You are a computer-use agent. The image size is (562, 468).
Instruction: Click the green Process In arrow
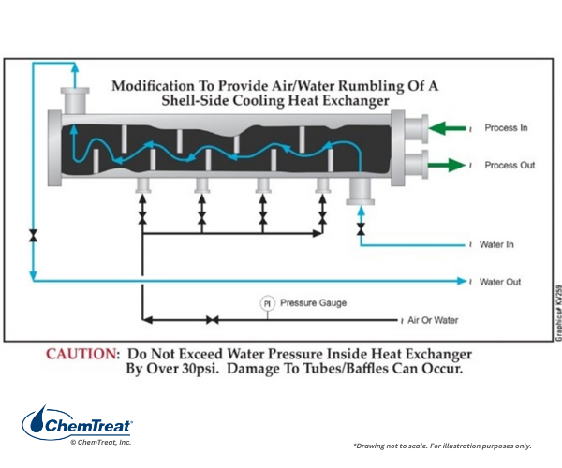click(x=447, y=128)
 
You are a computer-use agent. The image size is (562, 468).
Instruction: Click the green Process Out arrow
click(x=447, y=165)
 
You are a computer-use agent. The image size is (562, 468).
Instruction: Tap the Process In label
click(x=506, y=128)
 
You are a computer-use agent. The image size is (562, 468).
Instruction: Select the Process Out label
click(x=510, y=165)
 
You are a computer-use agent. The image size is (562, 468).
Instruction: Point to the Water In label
click(x=496, y=244)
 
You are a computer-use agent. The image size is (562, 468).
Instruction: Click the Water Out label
click(x=500, y=282)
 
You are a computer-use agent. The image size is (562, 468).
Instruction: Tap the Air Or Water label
click(x=433, y=320)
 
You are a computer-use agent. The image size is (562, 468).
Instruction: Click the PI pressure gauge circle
click(x=267, y=303)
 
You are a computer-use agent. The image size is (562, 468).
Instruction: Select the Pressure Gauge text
click(x=313, y=303)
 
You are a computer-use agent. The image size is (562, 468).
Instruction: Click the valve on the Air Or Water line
click(x=213, y=320)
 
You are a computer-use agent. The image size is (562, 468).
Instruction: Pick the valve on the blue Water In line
click(x=361, y=229)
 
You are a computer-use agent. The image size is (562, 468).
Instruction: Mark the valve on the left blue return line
click(x=34, y=236)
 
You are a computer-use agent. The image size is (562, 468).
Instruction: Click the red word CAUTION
click(x=81, y=354)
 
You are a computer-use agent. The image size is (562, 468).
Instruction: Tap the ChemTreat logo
click(x=78, y=425)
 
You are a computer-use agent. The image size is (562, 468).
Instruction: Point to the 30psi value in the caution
click(x=200, y=369)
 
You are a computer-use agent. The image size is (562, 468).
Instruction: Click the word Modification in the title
click(x=154, y=86)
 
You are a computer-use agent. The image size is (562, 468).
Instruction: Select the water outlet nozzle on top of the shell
click(x=75, y=100)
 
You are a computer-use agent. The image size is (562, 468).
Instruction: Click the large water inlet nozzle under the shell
click(x=361, y=191)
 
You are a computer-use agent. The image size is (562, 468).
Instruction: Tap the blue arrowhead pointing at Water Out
click(x=462, y=281)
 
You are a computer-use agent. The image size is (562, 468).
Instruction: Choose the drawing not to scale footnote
click(x=442, y=446)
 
